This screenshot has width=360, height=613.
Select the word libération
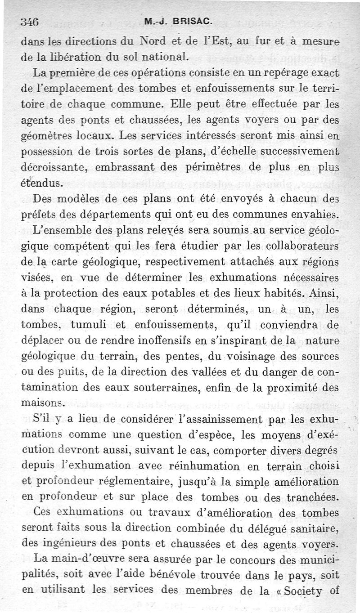70,58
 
